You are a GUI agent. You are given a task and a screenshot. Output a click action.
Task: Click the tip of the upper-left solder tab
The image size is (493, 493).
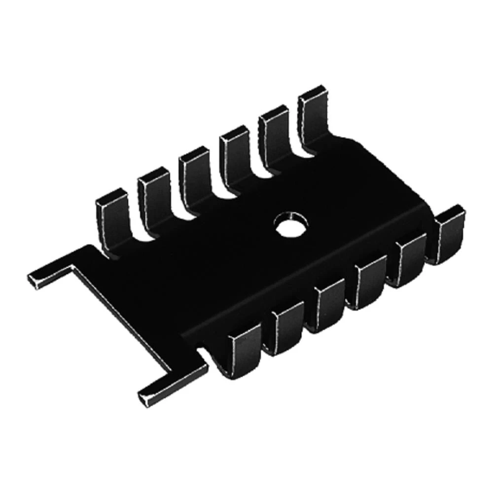pos(37,280)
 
